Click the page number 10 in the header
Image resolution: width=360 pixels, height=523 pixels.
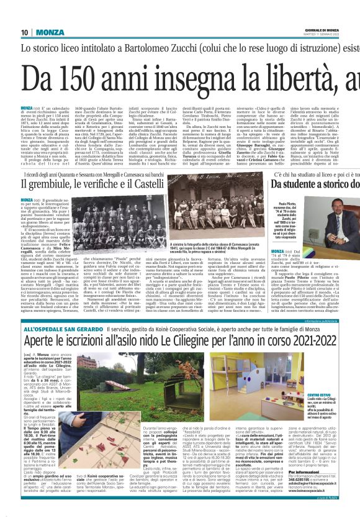pos(25,32)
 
